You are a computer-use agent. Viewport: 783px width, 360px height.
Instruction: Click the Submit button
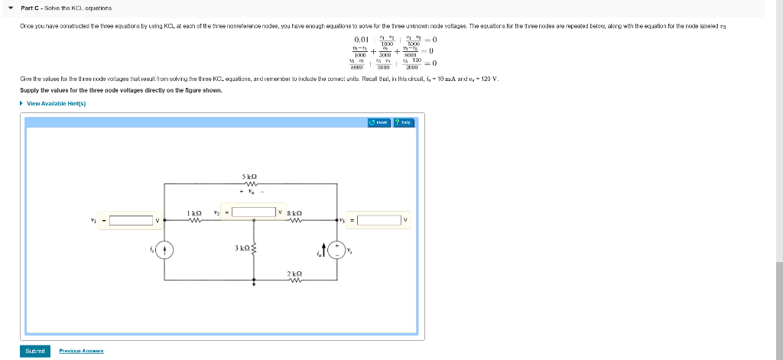click(34, 351)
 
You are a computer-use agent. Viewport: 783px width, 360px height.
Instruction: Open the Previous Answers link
click(81, 351)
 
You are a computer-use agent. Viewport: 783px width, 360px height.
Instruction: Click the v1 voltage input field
click(131, 221)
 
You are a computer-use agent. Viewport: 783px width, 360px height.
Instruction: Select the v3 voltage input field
click(379, 221)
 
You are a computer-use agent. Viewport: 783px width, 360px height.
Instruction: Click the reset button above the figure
click(379, 122)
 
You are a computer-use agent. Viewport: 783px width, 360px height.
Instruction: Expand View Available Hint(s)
click(55, 103)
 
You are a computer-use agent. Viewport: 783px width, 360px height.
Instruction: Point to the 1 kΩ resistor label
click(194, 212)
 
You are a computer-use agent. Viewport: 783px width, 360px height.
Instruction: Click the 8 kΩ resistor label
click(294, 212)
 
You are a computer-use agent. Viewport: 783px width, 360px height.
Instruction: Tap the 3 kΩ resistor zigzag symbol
click(253, 247)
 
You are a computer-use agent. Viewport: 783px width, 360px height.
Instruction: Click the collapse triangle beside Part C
click(11, 8)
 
